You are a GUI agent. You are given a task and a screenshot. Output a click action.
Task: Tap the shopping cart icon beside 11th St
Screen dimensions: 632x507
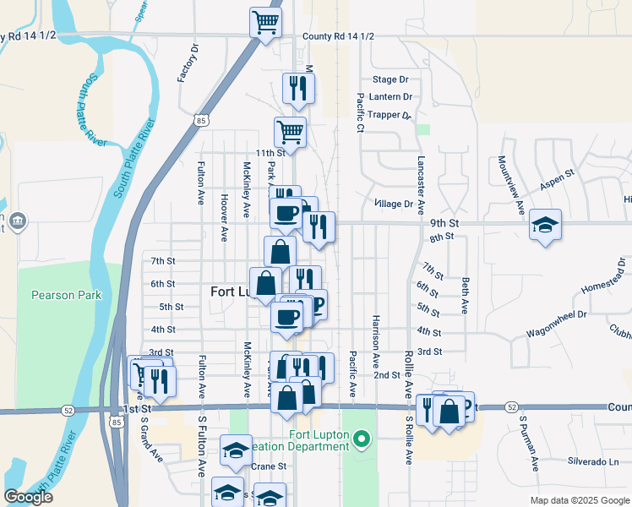(290, 131)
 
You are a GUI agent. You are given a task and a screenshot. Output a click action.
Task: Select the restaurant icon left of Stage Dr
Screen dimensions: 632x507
(298, 88)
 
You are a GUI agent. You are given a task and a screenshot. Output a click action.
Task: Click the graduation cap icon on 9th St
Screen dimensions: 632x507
(546, 225)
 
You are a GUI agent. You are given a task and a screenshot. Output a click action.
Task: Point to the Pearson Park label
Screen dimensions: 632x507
(67, 295)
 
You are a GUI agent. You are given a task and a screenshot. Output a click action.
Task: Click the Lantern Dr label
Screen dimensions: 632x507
(390, 97)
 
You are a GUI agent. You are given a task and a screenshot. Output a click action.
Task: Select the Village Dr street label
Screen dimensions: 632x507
(394, 204)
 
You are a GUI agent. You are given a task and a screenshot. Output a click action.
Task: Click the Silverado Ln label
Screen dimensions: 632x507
(592, 461)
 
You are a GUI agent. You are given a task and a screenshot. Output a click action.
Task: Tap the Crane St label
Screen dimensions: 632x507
(270, 466)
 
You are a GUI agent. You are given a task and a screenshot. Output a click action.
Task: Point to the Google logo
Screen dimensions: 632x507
(29, 497)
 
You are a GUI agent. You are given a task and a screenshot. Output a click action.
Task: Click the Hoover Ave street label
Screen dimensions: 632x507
(225, 217)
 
